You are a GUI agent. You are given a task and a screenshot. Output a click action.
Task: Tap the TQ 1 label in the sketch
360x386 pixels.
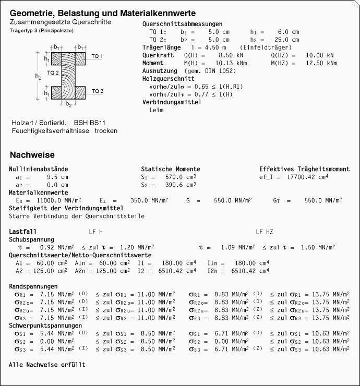(x=97, y=56)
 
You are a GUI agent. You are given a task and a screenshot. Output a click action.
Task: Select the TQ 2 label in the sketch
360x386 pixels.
(x=53, y=73)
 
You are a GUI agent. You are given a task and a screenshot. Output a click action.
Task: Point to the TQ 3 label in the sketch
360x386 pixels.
(x=98, y=91)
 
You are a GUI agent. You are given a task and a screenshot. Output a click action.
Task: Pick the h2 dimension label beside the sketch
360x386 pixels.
(x=38, y=76)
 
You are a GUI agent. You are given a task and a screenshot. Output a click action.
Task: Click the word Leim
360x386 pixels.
(x=157, y=110)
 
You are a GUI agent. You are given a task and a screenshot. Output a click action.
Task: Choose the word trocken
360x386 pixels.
(x=106, y=130)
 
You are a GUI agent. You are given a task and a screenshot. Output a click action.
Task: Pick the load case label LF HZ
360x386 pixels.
(x=265, y=231)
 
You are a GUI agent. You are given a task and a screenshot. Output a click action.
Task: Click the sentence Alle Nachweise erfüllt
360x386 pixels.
(x=47, y=365)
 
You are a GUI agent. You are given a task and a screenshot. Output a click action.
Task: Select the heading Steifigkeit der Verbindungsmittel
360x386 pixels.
(x=62, y=208)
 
